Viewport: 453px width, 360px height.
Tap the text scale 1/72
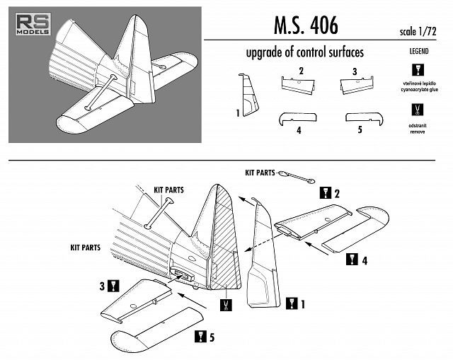point(423,32)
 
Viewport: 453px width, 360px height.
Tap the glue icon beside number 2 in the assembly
point(326,192)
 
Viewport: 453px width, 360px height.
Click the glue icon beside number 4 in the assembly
point(352,260)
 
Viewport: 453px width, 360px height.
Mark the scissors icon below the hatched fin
point(226,306)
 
